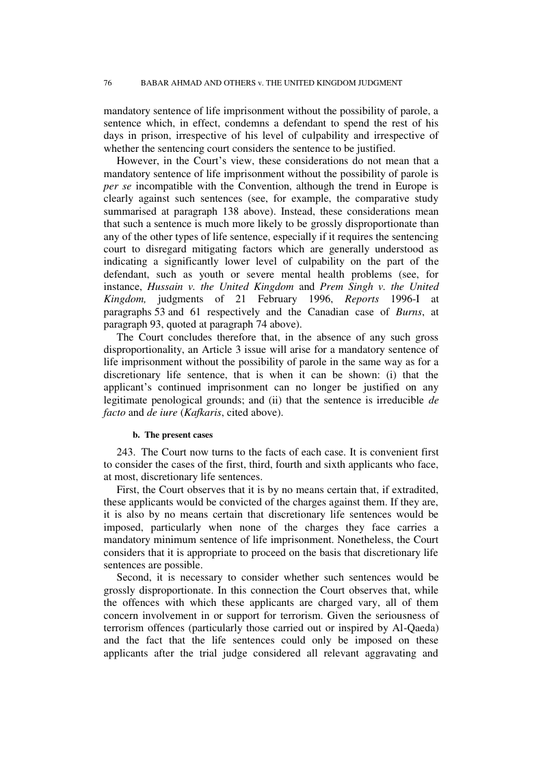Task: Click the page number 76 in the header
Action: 107,83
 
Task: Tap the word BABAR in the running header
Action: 155,83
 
